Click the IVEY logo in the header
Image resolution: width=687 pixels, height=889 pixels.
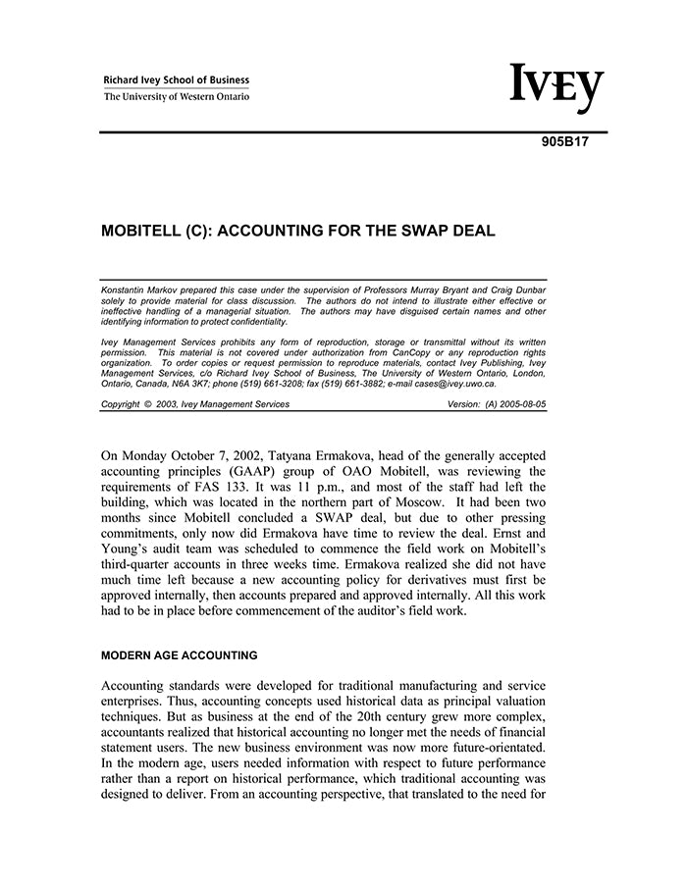(555, 89)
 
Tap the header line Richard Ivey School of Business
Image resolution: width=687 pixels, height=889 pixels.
(177, 80)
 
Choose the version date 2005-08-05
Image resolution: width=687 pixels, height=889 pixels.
(517, 404)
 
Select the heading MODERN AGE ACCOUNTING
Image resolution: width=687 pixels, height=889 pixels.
(180, 655)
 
